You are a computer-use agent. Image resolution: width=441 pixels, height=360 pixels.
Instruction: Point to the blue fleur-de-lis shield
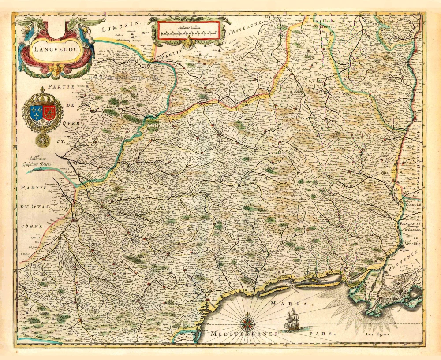36,113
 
